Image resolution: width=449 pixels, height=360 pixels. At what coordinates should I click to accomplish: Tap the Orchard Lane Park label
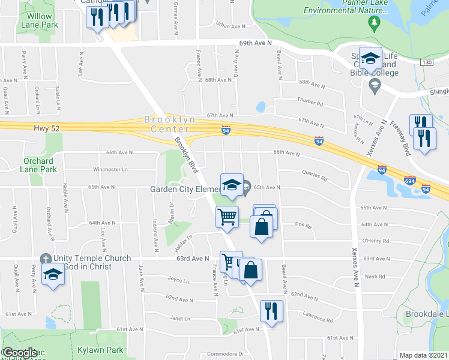[39, 165]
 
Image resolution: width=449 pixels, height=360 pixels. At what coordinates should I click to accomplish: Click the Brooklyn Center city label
[170, 124]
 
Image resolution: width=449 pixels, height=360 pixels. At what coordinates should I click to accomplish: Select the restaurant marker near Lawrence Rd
[271, 311]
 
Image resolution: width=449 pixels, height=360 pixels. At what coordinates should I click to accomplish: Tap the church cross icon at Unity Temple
[44, 259]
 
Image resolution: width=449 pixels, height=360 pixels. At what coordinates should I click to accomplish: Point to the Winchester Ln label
[110, 170]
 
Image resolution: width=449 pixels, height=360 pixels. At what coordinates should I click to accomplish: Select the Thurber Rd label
[310, 103]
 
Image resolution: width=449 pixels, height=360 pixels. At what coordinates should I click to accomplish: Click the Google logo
[19, 353]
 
